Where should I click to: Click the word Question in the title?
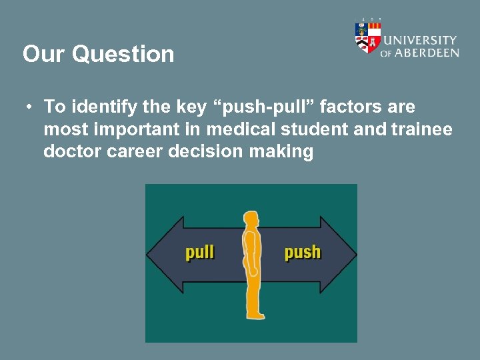click(x=123, y=54)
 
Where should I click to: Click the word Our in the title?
click(x=45, y=53)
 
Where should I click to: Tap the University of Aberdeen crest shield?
click(x=367, y=37)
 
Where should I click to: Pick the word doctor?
click(x=69, y=151)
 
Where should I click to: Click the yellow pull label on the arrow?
click(x=199, y=252)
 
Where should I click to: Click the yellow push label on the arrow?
click(x=302, y=252)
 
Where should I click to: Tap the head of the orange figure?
click(x=251, y=219)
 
